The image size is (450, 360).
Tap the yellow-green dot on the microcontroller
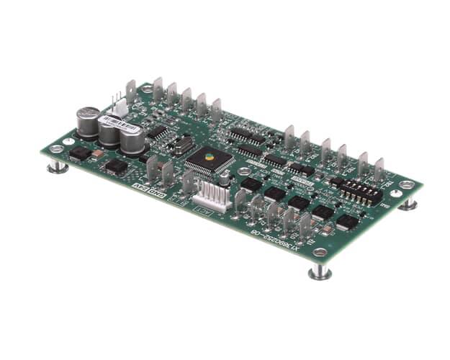(x=209, y=156)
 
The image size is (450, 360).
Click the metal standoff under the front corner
(x=320, y=271)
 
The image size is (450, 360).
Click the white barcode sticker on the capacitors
(x=112, y=120)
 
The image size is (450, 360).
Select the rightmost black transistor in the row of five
(x=347, y=221)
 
